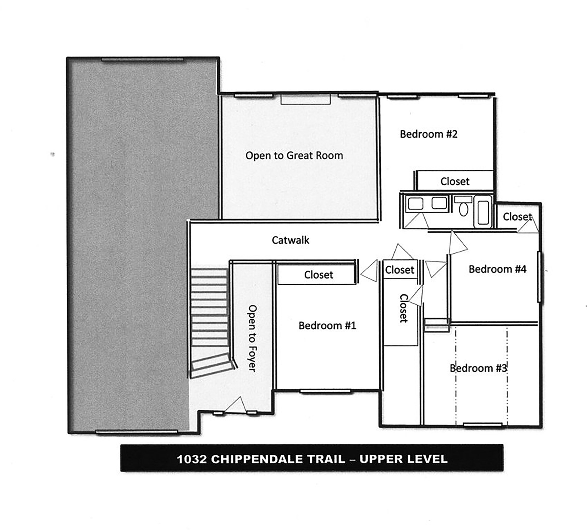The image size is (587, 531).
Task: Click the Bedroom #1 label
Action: pyautogui.click(x=327, y=325)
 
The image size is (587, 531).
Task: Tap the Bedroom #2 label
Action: pyautogui.click(x=429, y=134)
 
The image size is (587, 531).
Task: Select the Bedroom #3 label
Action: pyautogui.click(x=478, y=368)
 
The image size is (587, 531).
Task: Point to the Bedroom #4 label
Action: pyautogui.click(x=497, y=269)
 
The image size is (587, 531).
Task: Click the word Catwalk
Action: pyautogui.click(x=290, y=240)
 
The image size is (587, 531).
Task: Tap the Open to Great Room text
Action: pyautogui.click(x=294, y=155)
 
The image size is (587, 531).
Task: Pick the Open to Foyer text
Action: pyautogui.click(x=252, y=338)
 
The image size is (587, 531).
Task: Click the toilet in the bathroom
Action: pyautogui.click(x=463, y=206)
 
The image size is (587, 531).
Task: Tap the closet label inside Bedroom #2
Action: pyautogui.click(x=455, y=181)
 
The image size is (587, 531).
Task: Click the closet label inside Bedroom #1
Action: pyautogui.click(x=318, y=275)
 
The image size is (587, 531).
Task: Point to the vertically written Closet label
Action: pyautogui.click(x=404, y=308)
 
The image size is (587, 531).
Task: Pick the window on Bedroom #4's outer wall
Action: pyautogui.click(x=540, y=277)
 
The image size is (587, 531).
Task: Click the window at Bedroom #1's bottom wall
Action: pyautogui.click(x=325, y=391)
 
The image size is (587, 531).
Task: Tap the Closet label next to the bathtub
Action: pyautogui.click(x=517, y=217)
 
